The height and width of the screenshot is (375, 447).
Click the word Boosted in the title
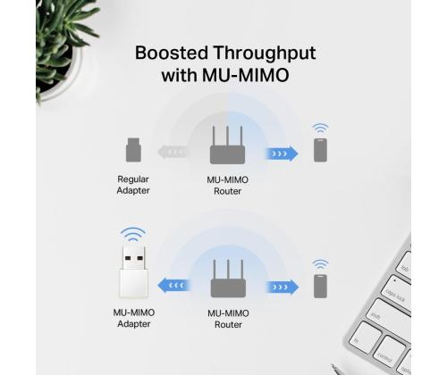tap(172, 53)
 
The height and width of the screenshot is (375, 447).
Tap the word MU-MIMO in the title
tap(246, 75)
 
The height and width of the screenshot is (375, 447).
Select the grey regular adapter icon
tap(133, 150)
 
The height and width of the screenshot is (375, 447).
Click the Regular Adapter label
tap(133, 185)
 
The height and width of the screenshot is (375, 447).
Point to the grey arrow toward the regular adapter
tap(173, 153)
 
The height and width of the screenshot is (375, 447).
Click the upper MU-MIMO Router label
tap(228, 185)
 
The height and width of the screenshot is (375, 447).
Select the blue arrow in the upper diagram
tap(282, 154)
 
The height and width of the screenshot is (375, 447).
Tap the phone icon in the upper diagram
tap(320, 150)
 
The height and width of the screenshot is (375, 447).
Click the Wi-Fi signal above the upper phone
tap(320, 129)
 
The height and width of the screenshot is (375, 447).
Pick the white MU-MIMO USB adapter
tap(133, 271)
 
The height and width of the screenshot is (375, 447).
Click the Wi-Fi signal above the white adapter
tap(133, 234)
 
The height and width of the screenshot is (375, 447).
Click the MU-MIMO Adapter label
tap(134, 318)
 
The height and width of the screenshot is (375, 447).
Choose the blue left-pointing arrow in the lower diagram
tap(173, 286)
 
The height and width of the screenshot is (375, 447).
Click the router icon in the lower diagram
tap(228, 279)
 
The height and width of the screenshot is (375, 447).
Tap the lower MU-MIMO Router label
tap(228, 319)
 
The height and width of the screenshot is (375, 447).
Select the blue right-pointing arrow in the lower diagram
tap(282, 287)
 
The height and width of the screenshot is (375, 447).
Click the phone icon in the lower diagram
tap(320, 286)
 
